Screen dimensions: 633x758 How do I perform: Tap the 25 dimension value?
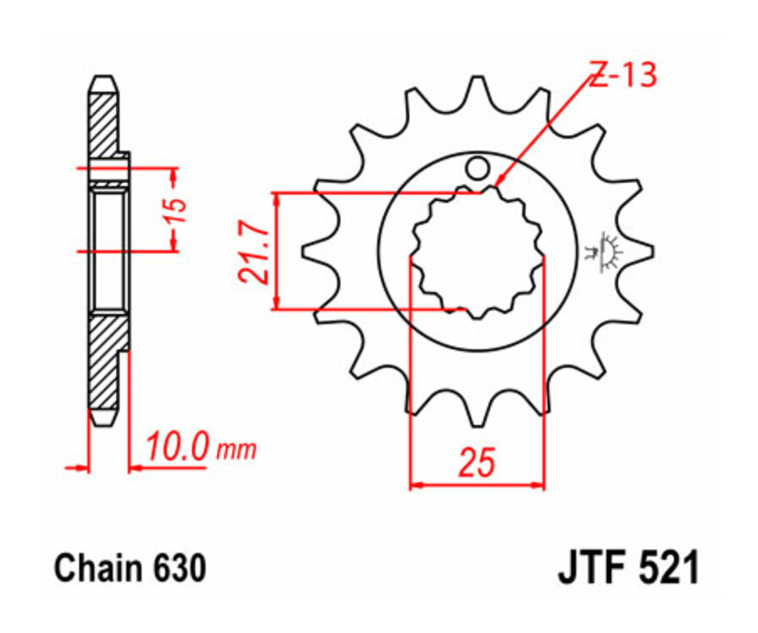pyautogui.click(x=476, y=463)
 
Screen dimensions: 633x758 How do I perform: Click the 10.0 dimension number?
pyautogui.click(x=178, y=447)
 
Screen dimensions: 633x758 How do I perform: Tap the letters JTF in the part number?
pyautogui.click(x=592, y=569)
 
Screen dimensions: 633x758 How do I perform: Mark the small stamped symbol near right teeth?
pyautogui.click(x=604, y=251)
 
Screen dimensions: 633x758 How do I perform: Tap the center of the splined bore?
pyautogui.click(x=477, y=250)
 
